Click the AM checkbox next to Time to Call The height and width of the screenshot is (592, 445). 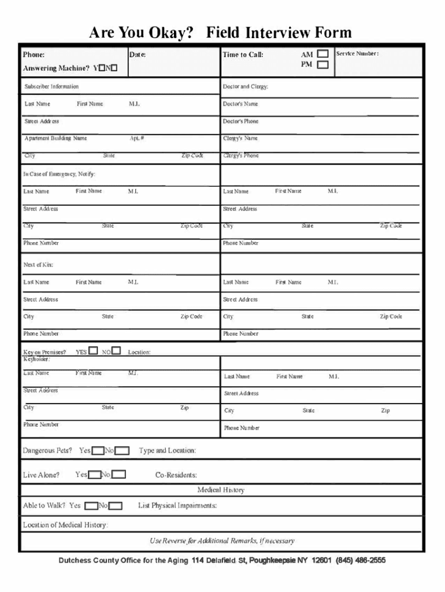point(322,54)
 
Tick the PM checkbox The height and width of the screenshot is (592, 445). point(322,65)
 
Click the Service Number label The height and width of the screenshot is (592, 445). point(357,54)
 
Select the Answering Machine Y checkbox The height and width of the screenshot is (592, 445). point(102,68)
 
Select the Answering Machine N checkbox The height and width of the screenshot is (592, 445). point(114,68)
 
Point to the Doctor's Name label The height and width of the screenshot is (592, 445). point(240,104)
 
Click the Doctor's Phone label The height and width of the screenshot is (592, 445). point(241,121)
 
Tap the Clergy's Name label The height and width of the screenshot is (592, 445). point(240,138)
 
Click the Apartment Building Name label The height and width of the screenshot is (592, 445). point(55,138)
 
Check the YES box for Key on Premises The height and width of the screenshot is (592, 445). point(94,350)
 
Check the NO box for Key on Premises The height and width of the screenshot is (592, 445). point(116,350)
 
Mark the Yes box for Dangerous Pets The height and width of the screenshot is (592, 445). point(98,450)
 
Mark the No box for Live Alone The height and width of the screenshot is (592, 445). point(118,475)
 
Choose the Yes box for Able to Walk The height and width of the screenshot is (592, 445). point(91,506)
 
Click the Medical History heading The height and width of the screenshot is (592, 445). point(221,490)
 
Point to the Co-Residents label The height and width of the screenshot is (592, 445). point(176,475)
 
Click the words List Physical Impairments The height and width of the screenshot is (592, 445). point(177,506)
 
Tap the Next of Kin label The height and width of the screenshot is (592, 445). point(38,264)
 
